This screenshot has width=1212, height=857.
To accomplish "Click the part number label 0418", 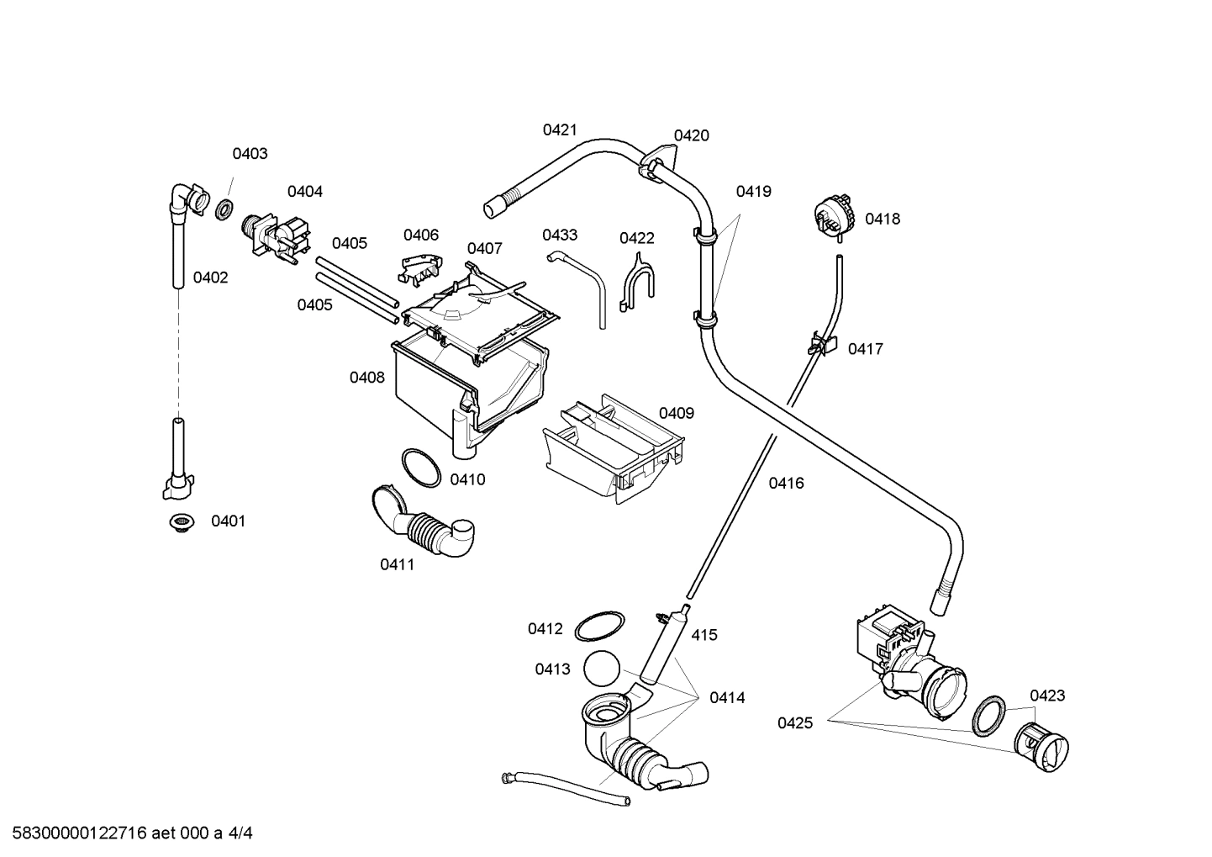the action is [882, 219].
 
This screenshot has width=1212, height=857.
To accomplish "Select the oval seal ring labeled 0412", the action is [599, 627].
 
